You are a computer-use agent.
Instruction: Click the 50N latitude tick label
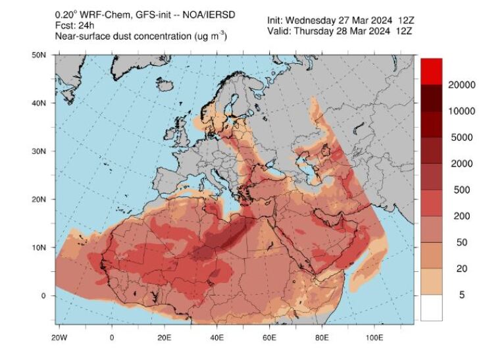click(x=39, y=55)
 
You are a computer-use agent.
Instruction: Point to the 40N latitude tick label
click(x=39, y=103)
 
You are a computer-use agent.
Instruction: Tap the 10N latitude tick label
click(x=39, y=247)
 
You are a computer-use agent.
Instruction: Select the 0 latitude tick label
click(x=43, y=296)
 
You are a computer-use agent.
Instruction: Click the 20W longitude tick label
click(x=59, y=338)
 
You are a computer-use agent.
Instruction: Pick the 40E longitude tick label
click(x=216, y=338)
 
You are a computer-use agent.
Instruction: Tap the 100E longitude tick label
click(x=374, y=338)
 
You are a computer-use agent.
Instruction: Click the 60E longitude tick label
click(x=269, y=338)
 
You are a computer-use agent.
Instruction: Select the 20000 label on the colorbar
click(x=462, y=85)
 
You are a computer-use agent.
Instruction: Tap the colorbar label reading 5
click(x=461, y=296)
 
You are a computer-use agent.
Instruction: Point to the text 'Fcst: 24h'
click(x=74, y=26)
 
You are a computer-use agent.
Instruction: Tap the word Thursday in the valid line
click(x=319, y=32)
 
